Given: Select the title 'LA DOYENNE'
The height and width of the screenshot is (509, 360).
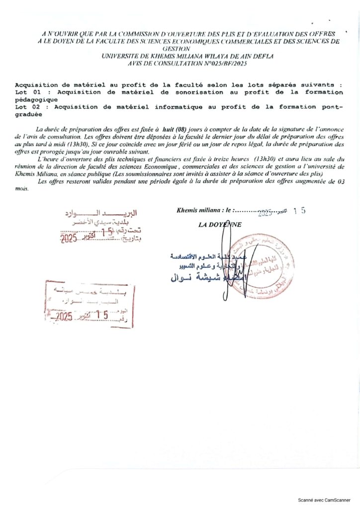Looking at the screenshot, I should click(x=220, y=224).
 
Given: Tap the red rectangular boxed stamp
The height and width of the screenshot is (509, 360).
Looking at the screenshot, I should click(x=90, y=304).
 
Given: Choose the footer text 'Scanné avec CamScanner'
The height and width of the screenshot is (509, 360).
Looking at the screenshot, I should click(x=327, y=500).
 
